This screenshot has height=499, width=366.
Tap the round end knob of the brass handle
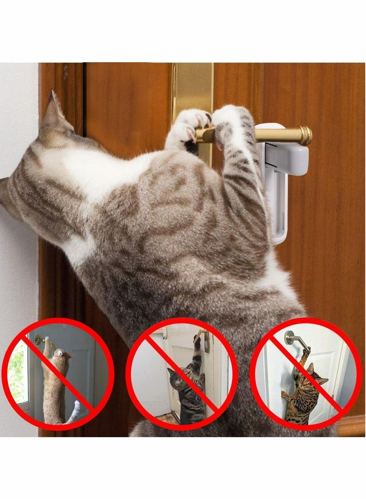point(306,135)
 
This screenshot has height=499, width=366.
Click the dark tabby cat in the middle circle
point(188,389)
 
